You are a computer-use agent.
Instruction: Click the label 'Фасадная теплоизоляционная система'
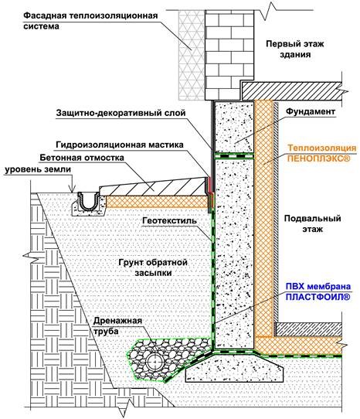(x=90, y=21)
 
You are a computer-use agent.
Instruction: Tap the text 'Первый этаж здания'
(x=295, y=49)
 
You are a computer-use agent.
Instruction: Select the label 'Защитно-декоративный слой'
(x=121, y=113)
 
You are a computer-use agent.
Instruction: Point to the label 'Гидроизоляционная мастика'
(x=120, y=145)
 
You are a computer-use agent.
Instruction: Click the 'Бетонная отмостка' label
(x=82, y=158)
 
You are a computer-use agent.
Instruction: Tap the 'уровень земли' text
(x=38, y=169)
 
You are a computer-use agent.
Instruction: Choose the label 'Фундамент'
(x=311, y=111)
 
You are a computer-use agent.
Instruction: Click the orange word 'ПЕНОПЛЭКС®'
(x=318, y=158)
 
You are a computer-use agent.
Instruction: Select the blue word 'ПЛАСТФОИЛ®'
(x=318, y=297)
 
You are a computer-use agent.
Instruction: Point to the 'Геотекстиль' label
(x=170, y=221)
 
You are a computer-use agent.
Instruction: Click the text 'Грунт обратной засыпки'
(x=153, y=267)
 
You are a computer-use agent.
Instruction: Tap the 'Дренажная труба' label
(x=117, y=325)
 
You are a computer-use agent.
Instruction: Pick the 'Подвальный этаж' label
(x=312, y=223)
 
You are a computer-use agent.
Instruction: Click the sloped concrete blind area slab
(x=155, y=187)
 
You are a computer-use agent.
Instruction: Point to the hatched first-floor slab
(x=292, y=91)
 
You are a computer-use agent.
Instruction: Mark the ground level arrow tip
(x=72, y=192)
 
